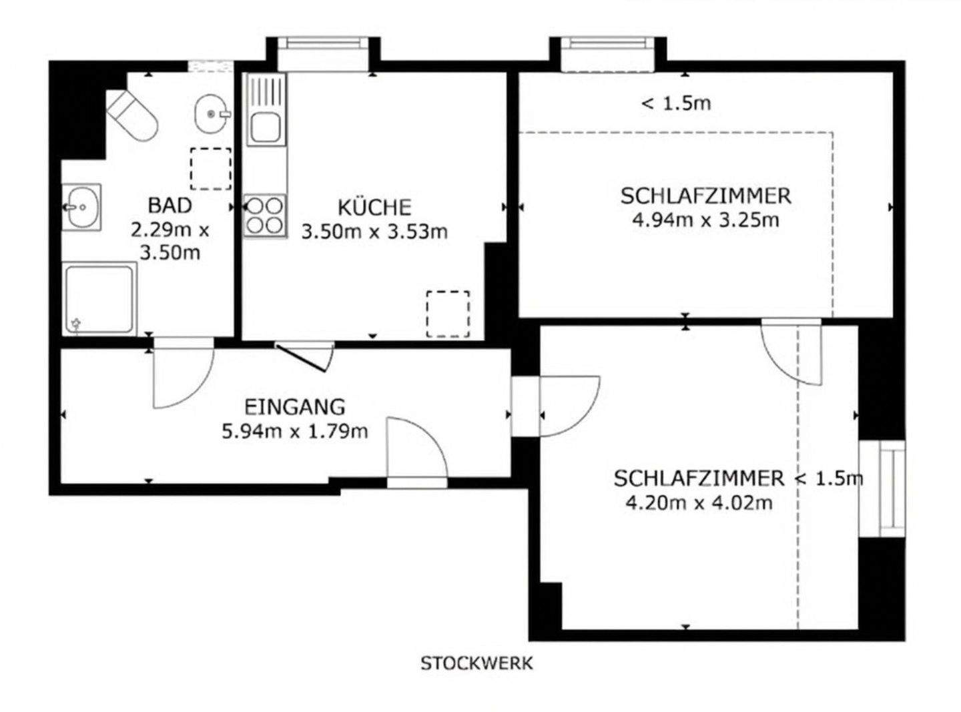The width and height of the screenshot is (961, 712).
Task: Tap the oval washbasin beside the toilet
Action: coord(212,114)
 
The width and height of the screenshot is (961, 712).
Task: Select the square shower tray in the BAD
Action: coord(100,298)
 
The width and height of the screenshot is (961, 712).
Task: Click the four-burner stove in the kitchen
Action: coord(265,215)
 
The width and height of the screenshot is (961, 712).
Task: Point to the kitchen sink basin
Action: coord(265,127)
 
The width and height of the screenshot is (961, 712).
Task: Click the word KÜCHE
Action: coord(374,208)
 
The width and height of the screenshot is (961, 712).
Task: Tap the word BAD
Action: coord(170,204)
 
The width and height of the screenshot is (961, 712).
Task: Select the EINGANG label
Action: coord(294,406)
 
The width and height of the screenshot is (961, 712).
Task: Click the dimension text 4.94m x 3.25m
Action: coord(705,220)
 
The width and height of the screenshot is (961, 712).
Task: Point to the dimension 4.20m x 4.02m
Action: coord(699,502)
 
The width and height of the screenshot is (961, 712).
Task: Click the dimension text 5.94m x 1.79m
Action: coord(294,431)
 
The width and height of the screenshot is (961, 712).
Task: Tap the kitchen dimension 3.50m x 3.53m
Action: coord(374,232)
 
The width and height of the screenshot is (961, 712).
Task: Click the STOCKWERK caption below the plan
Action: coord(476,663)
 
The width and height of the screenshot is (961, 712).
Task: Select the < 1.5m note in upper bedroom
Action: coord(675,103)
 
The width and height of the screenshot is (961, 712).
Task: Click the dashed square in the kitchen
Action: coord(447,313)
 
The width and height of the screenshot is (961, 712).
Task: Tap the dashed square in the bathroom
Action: coord(211,168)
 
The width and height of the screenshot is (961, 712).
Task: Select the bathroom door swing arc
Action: coord(182,374)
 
